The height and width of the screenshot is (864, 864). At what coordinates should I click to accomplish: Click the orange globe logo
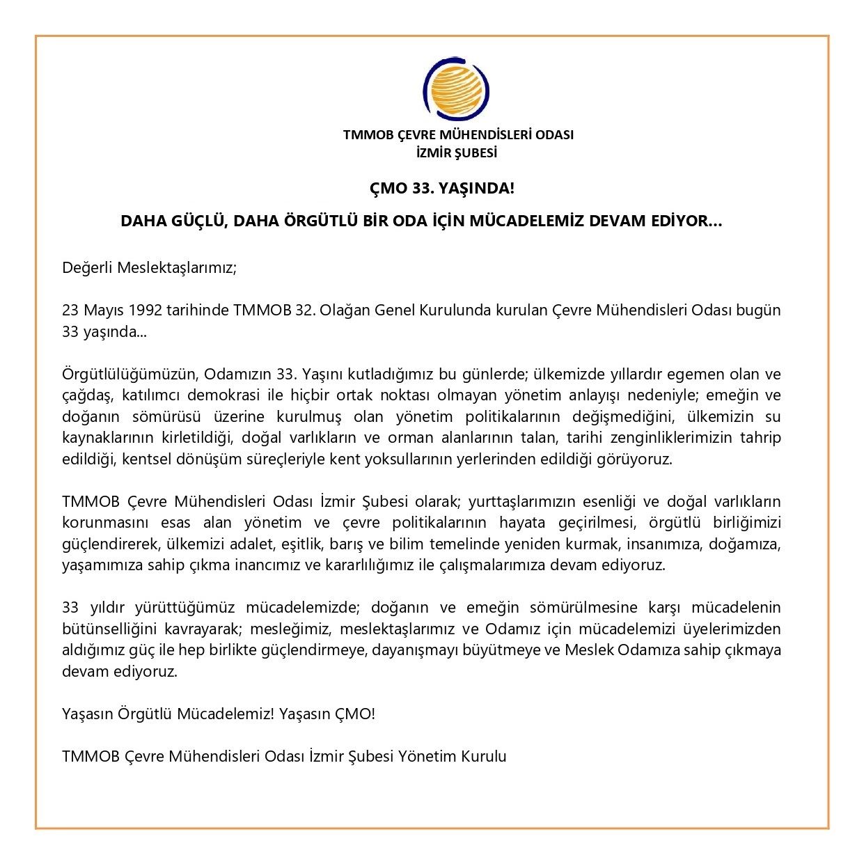click(x=457, y=88)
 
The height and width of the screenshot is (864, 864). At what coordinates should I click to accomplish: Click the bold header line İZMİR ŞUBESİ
click(x=458, y=152)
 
